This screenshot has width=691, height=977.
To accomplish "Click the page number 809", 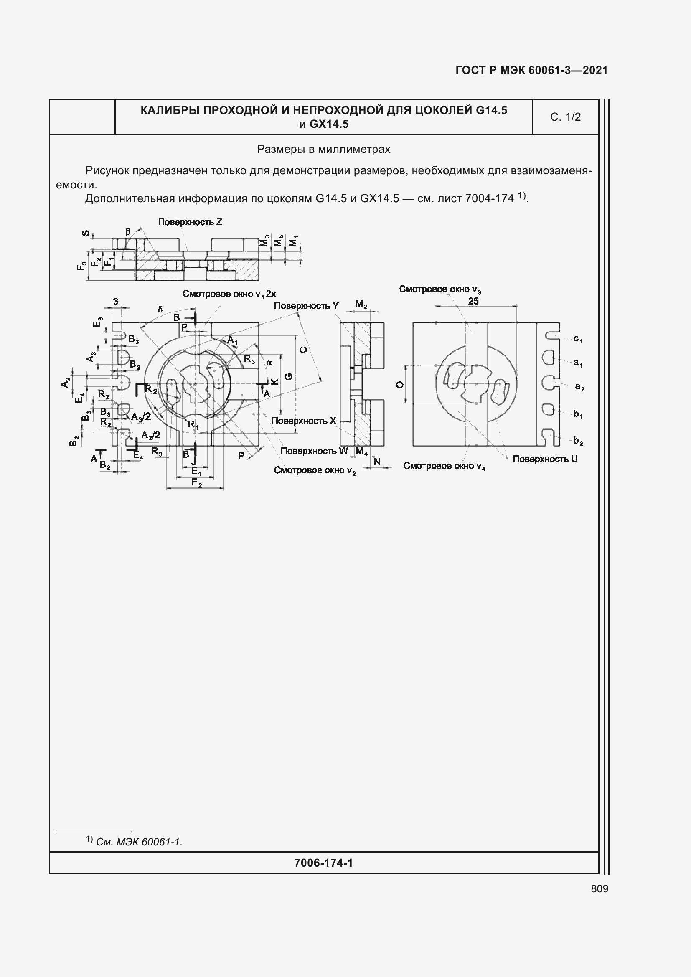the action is pos(600,888).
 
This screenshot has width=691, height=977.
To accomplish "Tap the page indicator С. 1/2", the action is pos(566,117).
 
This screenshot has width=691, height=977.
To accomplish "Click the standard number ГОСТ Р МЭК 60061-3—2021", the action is pos(531,70).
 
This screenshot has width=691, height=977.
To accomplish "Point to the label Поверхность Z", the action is pos(190,222).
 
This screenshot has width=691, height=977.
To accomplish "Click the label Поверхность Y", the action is pos(306,305).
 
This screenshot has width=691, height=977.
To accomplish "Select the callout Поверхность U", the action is pos(545,459).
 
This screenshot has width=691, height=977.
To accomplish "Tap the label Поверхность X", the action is pos(304,421).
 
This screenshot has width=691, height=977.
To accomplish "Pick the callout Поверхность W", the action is pos(314,451).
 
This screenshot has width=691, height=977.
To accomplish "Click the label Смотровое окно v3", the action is pos(440,289).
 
